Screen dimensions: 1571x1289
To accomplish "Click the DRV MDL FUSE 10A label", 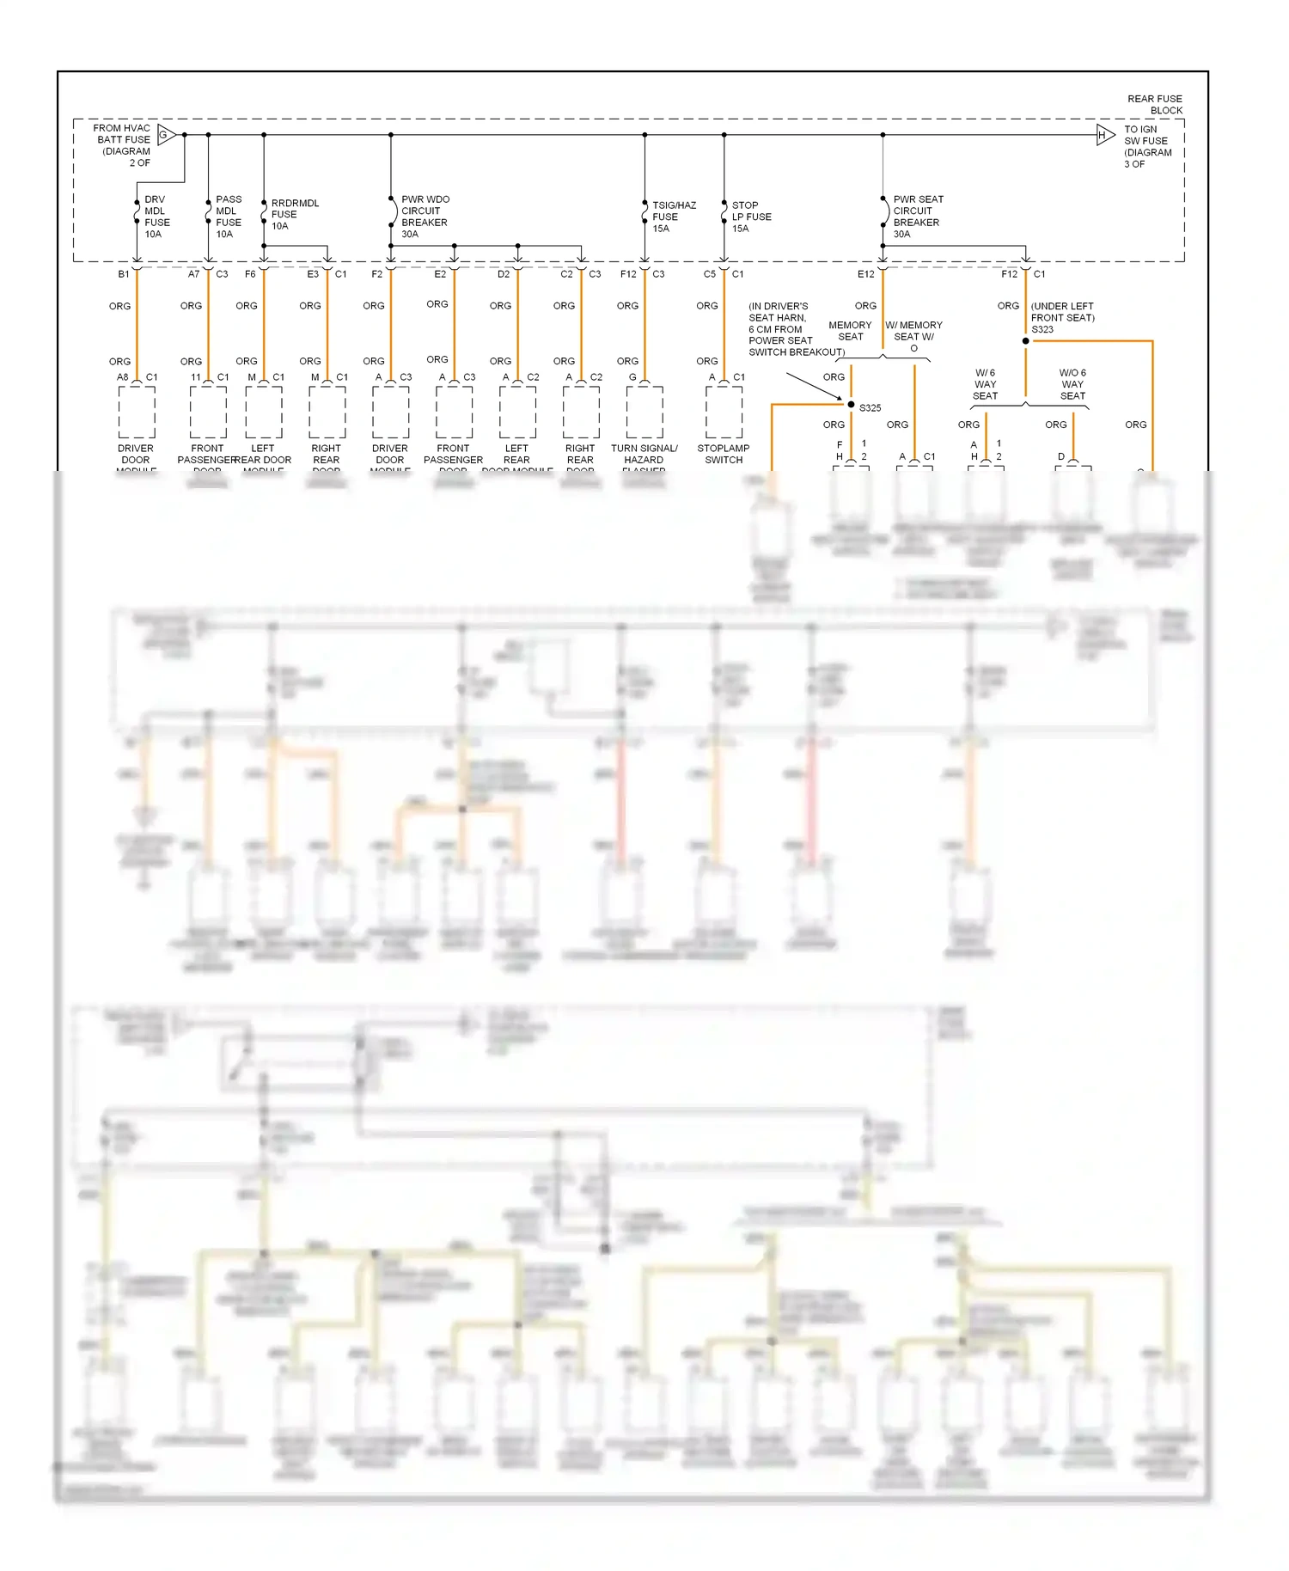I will coord(156,217).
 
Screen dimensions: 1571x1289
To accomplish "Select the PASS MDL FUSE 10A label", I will coord(228,217).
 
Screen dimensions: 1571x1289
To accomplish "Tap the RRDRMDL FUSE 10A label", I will coord(294,215).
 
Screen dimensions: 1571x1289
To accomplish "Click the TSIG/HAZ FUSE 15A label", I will coord(673,217).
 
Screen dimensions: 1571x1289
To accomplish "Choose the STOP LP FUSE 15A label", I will coord(750,217).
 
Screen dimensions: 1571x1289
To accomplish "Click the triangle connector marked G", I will coord(166,135).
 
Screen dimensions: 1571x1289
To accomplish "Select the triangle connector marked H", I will coord(1104,135).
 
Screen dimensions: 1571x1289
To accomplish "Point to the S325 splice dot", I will coord(851,405).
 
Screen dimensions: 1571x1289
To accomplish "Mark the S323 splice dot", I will coord(1025,341).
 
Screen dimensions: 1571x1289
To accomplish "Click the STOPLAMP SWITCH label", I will coord(724,454).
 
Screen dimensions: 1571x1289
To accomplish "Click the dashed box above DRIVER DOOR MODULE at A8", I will coord(137,412).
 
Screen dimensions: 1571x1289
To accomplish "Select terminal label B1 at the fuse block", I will coord(124,274).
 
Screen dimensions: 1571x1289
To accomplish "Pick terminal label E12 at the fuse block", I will coord(865,274).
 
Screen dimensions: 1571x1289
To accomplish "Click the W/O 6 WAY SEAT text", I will coord(1072,384).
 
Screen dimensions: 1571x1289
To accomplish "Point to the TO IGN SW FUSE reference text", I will coord(1146,146).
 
